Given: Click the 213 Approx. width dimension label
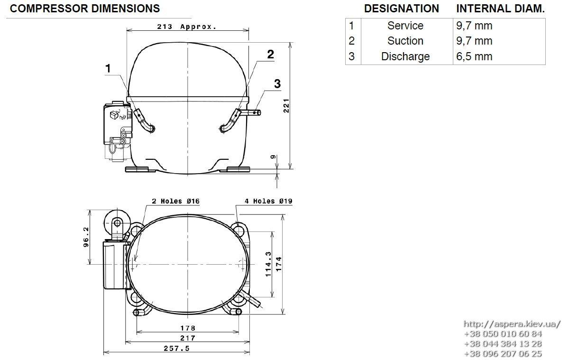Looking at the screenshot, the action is click(187, 27).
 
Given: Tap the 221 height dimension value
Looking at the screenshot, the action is click(286, 106).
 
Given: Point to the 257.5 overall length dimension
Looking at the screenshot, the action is click(176, 348).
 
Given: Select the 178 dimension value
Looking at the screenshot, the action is click(188, 328).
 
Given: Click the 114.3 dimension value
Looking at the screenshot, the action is click(268, 264).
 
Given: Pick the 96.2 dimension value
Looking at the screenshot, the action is click(86, 237).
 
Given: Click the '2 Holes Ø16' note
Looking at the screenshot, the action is click(175, 201).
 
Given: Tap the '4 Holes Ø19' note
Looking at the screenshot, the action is click(268, 201).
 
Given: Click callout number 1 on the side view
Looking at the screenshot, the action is click(108, 68).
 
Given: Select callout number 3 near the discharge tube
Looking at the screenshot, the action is click(277, 83).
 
